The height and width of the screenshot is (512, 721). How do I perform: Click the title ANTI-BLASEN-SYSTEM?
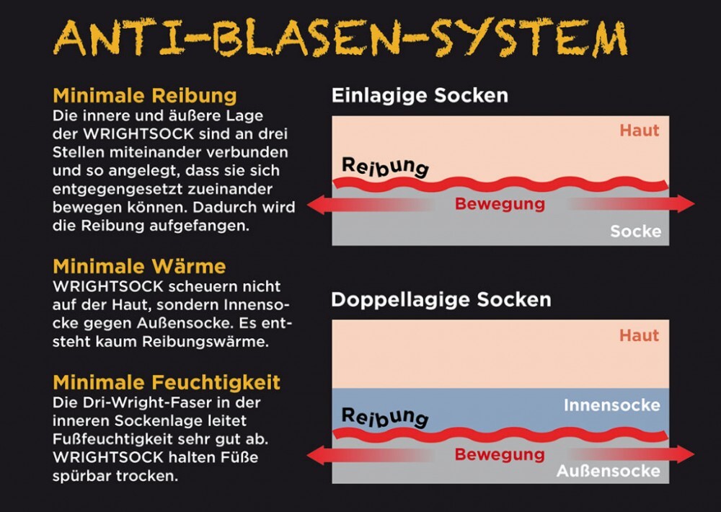coord(340,40)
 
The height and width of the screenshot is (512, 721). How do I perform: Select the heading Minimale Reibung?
coord(145,96)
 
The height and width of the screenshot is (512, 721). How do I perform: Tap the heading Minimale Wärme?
coord(139,266)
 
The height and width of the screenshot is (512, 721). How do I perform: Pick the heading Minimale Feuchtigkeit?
coord(167,381)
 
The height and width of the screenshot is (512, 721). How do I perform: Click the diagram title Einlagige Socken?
coord(420,95)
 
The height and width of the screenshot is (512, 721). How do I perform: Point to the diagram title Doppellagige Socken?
coord(441,299)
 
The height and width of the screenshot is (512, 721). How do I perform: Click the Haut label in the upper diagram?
coord(639,131)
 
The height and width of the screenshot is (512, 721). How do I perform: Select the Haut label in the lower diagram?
coord(639,335)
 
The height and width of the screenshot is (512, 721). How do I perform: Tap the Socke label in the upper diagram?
coord(635,231)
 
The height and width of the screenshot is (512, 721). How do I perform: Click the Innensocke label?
coord(611,405)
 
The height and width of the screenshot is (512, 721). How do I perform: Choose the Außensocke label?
coord(608,471)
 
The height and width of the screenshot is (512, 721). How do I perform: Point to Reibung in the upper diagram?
coord(385,167)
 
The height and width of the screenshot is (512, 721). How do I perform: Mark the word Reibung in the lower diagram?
coord(385,417)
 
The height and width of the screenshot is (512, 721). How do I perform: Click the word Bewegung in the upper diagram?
coord(500,204)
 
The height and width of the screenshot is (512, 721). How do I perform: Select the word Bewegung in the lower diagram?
coord(500,455)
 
